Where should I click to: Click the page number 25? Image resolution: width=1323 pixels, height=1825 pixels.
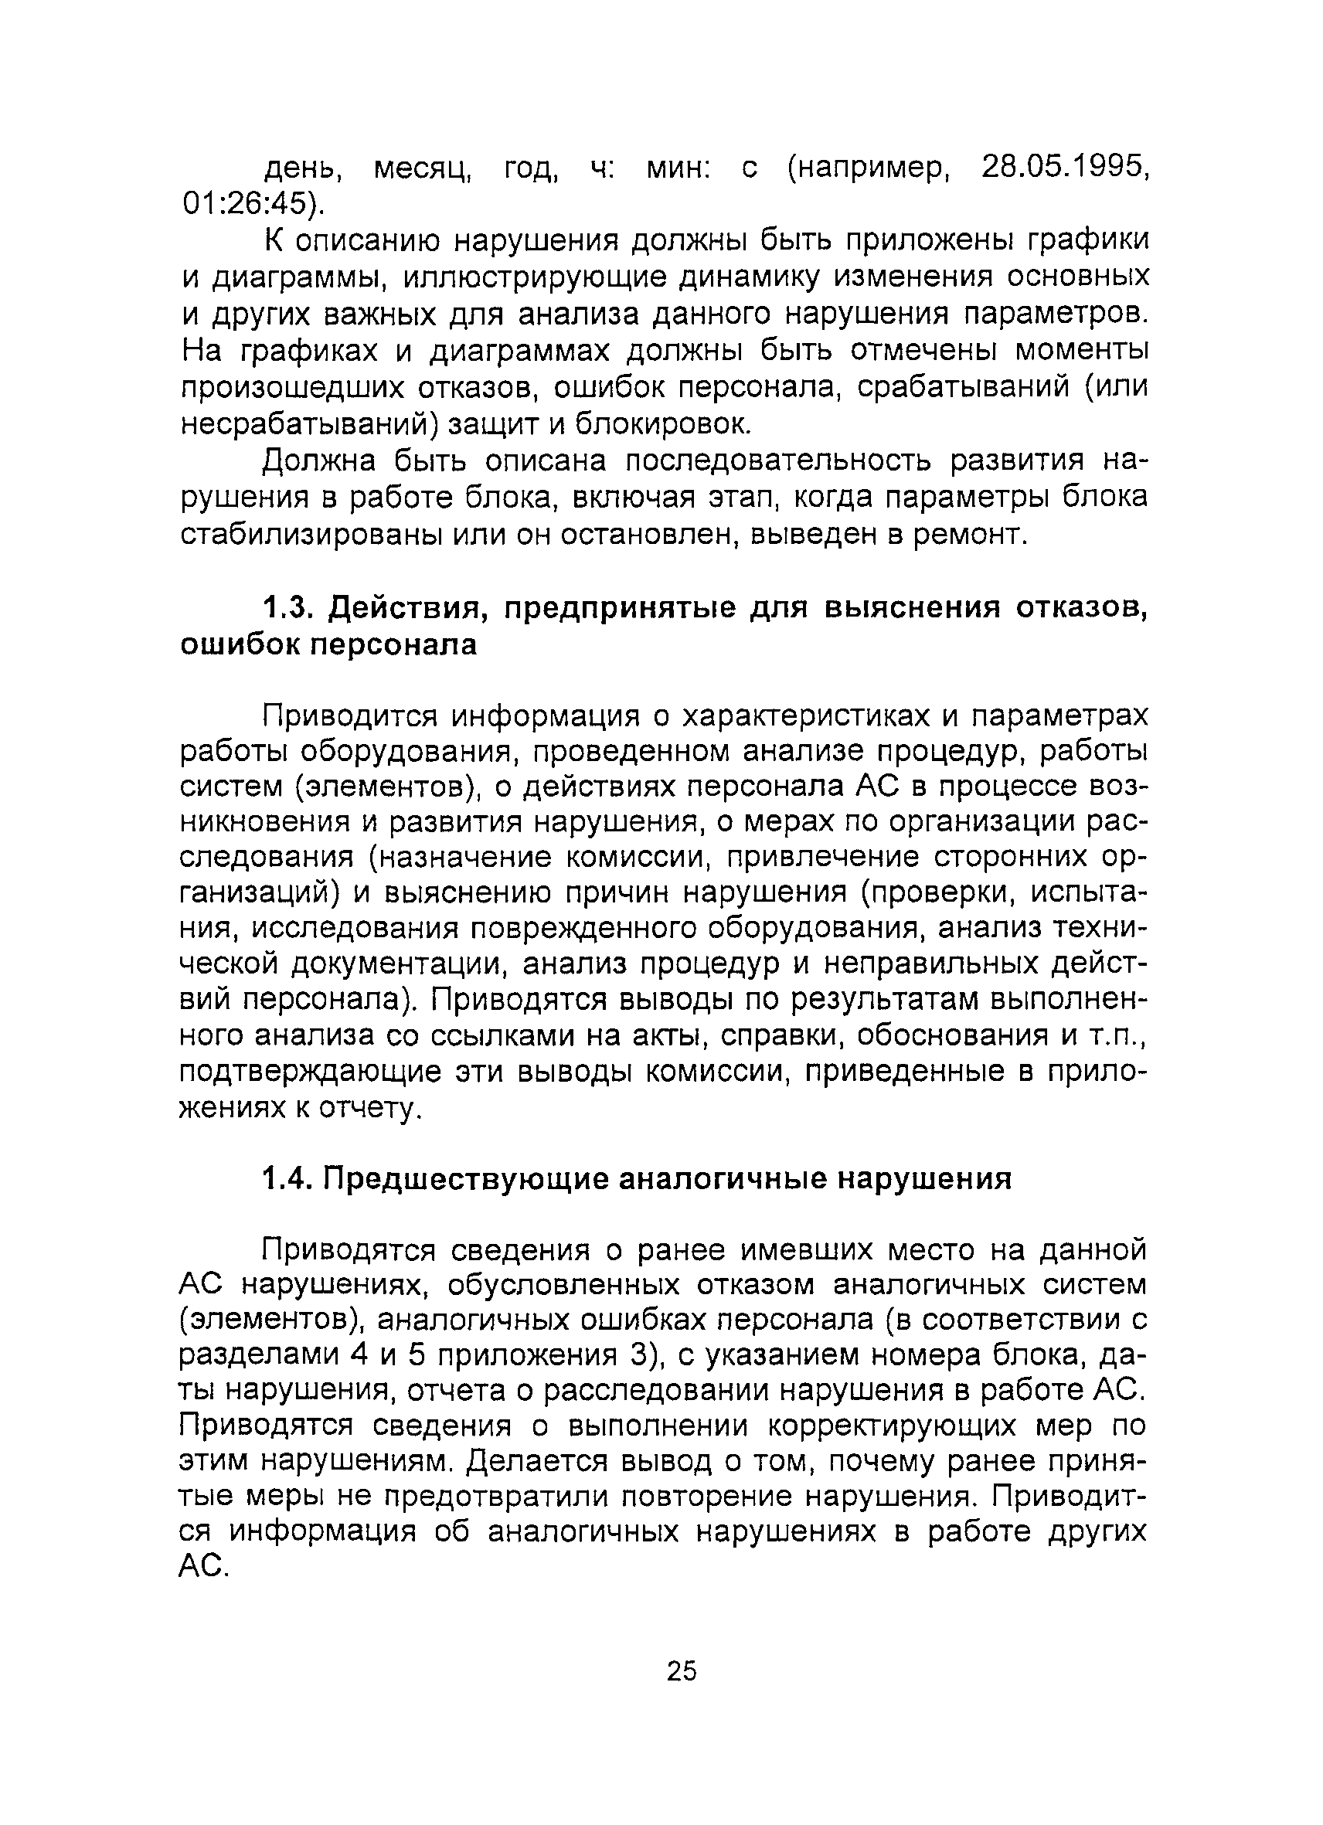(x=682, y=1671)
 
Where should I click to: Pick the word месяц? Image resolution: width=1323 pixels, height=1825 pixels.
(x=423, y=168)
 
